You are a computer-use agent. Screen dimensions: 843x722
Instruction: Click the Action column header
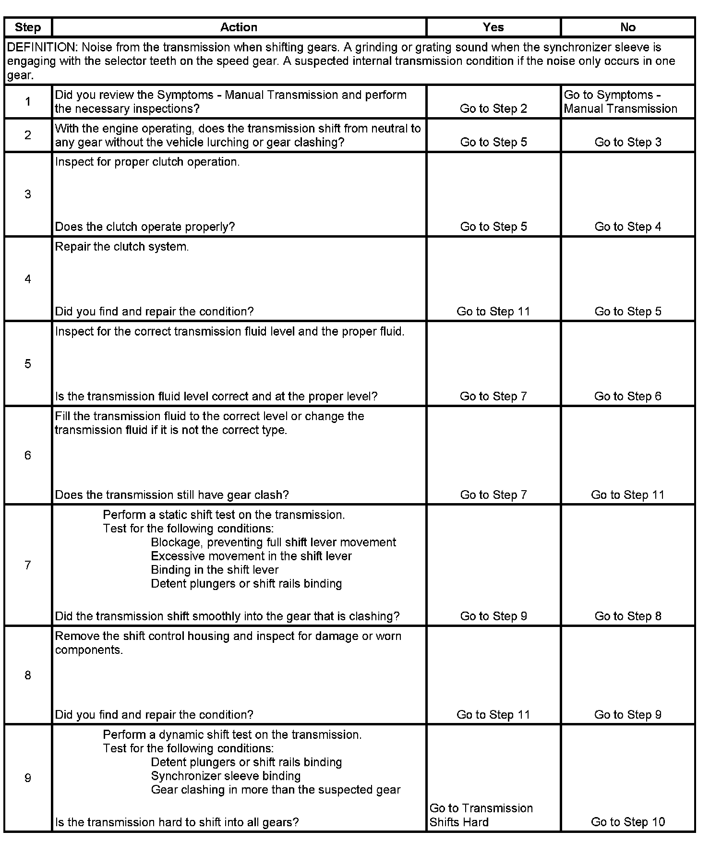(239, 27)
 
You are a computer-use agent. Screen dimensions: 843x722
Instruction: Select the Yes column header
(493, 27)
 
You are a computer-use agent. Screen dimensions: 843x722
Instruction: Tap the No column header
(627, 27)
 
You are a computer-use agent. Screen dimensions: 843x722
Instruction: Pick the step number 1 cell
(28, 102)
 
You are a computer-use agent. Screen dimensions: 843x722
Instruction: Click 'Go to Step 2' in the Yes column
(493, 108)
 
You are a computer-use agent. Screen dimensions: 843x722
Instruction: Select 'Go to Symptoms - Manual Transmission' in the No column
(620, 102)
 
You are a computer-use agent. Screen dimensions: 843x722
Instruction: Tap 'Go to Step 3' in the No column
(627, 142)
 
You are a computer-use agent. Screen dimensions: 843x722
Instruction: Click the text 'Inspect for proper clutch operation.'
(147, 162)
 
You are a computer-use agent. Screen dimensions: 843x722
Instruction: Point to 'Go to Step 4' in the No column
(627, 227)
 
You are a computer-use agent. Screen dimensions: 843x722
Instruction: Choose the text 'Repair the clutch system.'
(122, 247)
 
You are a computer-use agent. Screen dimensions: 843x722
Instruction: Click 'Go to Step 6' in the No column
(627, 396)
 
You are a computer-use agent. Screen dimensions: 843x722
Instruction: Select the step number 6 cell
(28, 455)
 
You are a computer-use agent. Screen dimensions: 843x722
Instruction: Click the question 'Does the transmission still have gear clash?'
(172, 495)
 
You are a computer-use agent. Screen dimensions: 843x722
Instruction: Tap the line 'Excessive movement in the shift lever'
(251, 556)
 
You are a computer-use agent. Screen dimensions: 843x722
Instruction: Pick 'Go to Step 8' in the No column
(627, 616)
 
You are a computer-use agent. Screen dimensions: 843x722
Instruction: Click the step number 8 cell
(28, 675)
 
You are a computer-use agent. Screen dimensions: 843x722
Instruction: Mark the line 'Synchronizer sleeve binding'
(226, 776)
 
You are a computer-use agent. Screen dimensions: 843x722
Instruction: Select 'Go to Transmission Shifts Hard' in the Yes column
(481, 815)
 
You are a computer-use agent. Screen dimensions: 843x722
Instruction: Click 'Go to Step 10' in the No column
(627, 822)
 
